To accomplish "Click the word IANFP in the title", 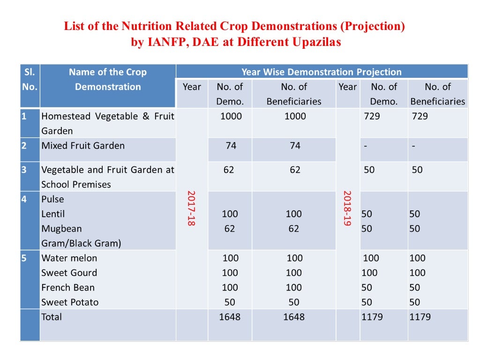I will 165,42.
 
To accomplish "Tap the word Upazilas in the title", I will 314,42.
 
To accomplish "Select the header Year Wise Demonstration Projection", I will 321,72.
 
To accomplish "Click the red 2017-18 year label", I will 191,208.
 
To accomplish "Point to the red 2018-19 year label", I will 347,208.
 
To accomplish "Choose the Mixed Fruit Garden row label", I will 83,146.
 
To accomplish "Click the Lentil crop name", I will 53,214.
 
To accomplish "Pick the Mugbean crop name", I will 61,229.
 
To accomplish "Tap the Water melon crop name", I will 69,258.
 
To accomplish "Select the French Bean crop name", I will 68,288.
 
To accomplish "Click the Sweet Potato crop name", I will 70,302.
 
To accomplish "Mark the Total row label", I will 52,317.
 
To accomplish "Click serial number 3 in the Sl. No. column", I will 24,170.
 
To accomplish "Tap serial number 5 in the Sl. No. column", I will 24,258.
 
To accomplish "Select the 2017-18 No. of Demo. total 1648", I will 230,317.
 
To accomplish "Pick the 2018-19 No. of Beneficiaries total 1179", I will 420,317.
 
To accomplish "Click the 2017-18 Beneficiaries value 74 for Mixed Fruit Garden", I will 295,146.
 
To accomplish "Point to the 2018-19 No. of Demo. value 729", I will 372,116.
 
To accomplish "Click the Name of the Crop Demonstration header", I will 108,80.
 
